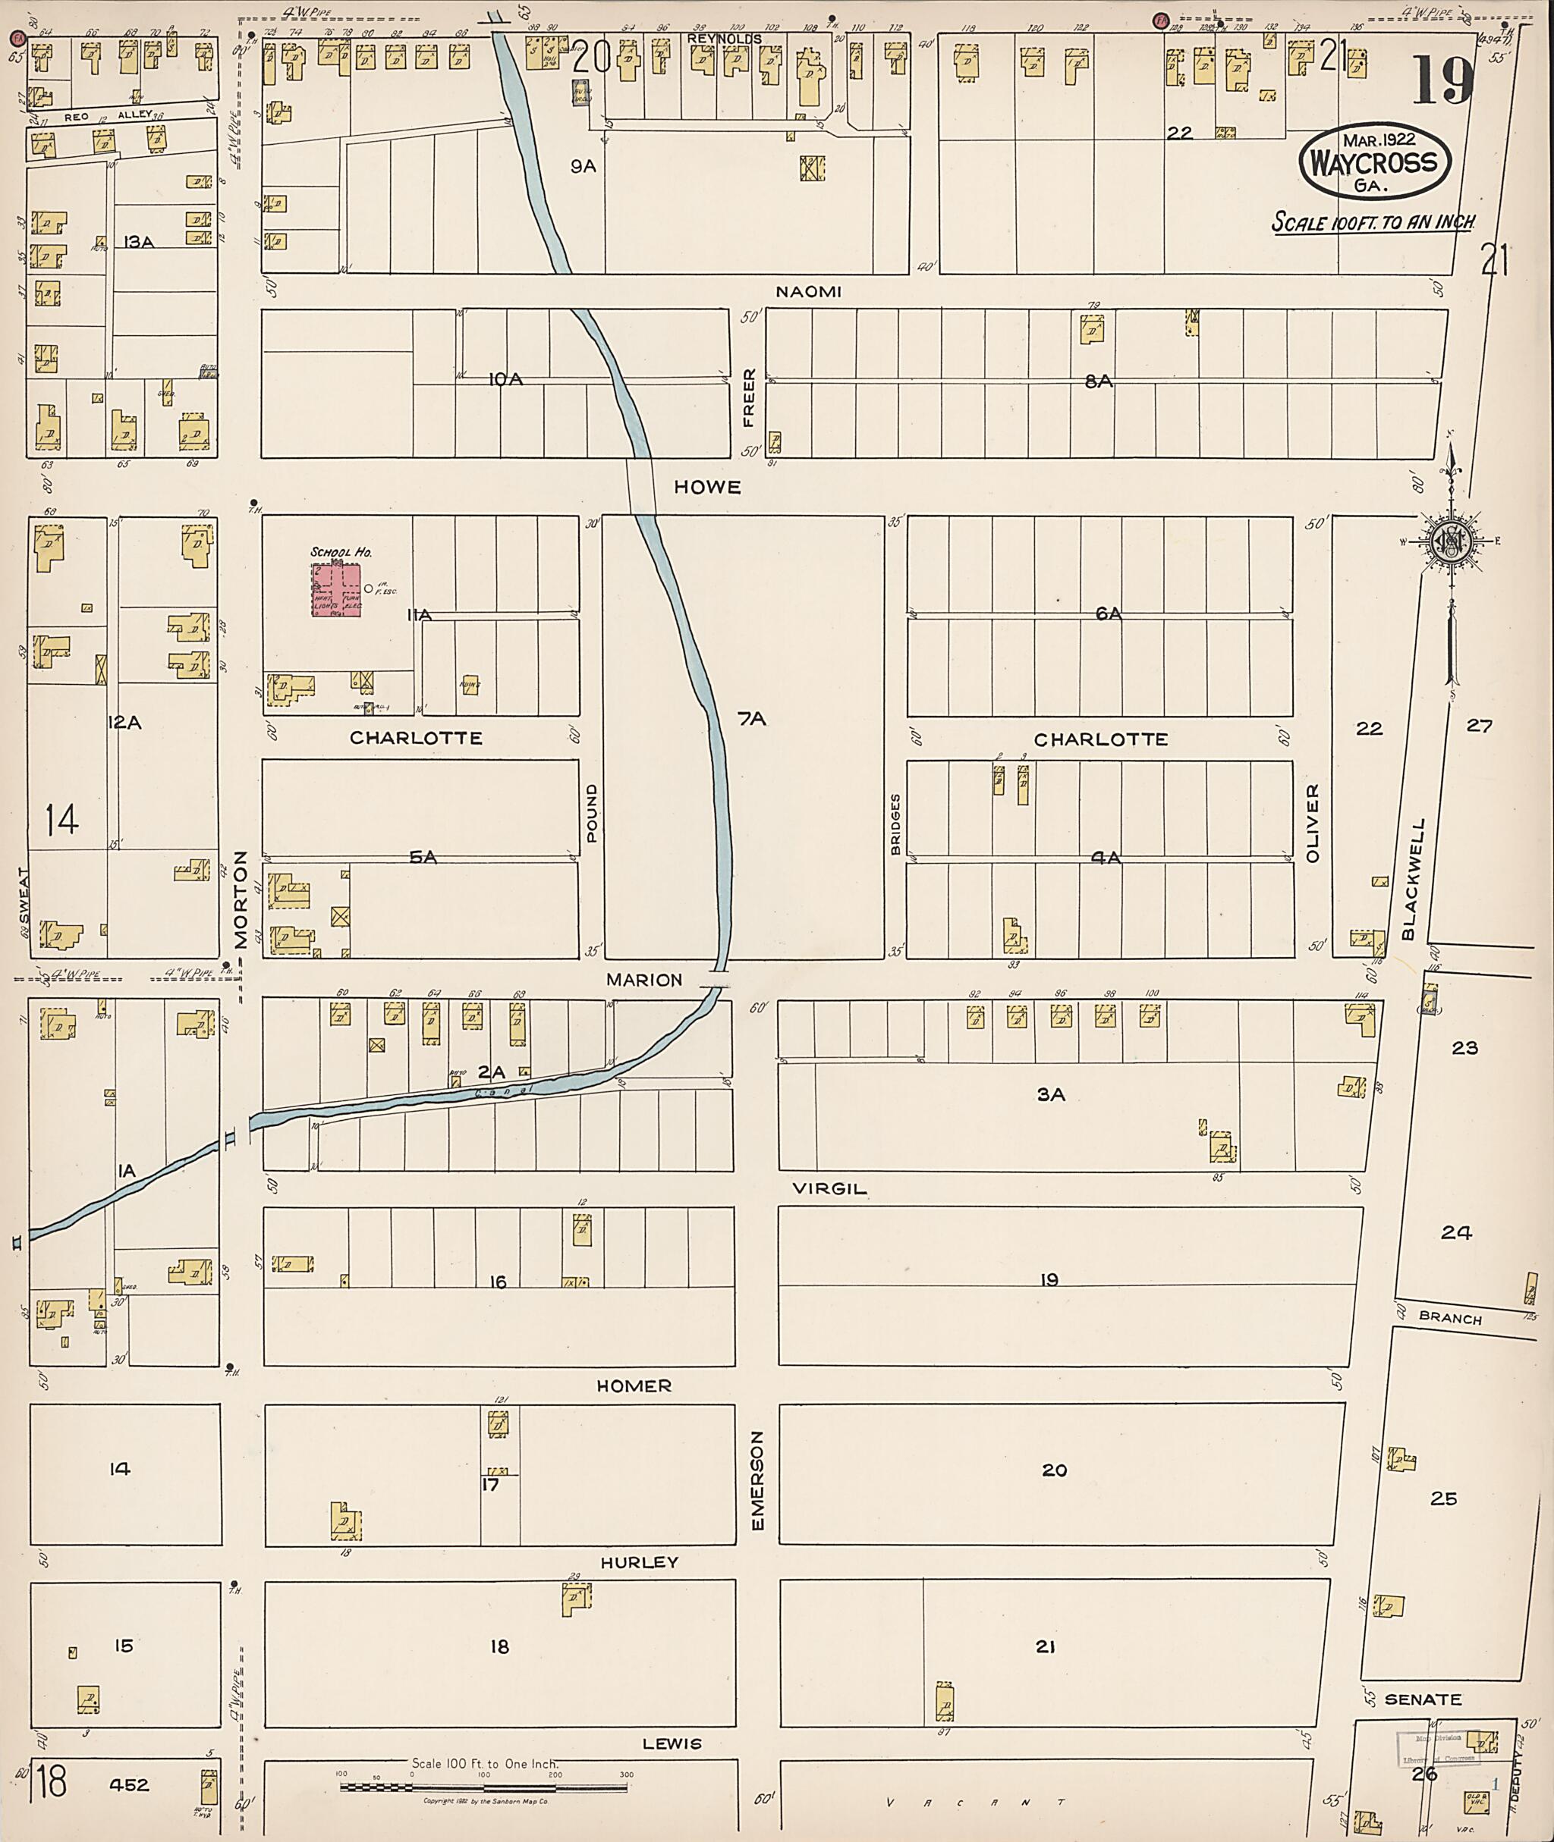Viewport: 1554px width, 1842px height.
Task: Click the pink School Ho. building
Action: click(335, 589)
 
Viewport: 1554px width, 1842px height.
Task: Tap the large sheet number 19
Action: click(1442, 81)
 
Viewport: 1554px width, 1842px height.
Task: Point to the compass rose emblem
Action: click(1449, 540)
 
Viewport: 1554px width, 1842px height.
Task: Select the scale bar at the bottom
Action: click(483, 1787)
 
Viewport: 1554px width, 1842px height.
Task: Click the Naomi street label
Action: click(808, 291)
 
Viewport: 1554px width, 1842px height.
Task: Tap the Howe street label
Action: click(707, 487)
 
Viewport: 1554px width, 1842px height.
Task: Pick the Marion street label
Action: click(644, 979)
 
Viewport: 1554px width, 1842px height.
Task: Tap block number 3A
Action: click(1050, 1094)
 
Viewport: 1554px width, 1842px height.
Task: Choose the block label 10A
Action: click(505, 379)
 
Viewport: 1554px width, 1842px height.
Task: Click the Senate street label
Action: click(1423, 1699)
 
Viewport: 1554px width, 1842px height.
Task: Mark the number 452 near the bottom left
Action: click(130, 1785)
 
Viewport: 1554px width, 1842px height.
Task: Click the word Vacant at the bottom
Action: click(975, 1803)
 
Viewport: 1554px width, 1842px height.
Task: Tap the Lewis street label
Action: click(672, 1743)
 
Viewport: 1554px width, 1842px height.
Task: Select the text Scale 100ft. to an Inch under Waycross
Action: click(1373, 223)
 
